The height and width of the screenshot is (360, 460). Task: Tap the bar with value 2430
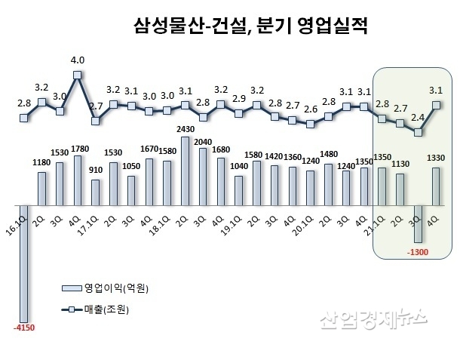click(x=186, y=171)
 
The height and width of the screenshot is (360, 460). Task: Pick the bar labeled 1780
click(x=77, y=180)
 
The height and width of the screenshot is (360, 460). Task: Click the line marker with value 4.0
click(x=77, y=74)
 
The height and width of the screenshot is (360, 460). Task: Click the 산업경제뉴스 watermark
click(x=373, y=322)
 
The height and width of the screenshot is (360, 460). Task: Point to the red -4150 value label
click(x=24, y=328)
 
